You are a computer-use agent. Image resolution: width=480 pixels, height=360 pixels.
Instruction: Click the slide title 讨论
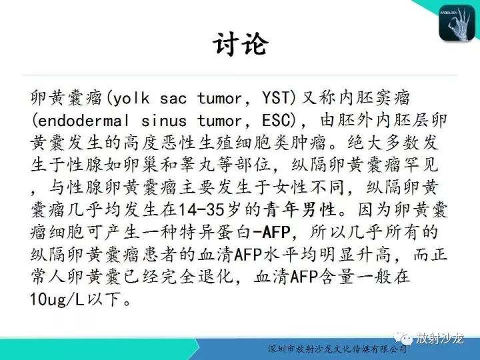pyautogui.click(x=240, y=45)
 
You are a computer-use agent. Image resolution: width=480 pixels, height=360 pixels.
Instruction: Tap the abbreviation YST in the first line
pyautogui.click(x=276, y=99)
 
